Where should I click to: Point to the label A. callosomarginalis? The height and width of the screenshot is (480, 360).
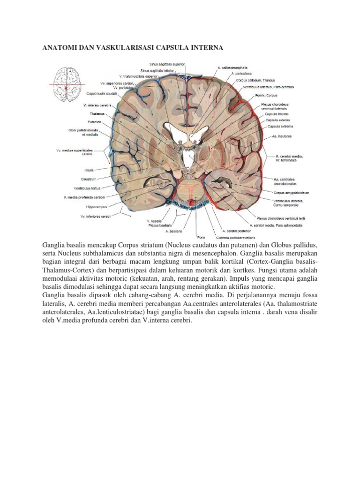233,67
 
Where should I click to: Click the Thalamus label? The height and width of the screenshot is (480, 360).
97,113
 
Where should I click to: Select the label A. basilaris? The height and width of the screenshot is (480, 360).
173,231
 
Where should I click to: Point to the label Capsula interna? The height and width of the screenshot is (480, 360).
277,114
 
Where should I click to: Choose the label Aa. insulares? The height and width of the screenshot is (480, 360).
282,136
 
